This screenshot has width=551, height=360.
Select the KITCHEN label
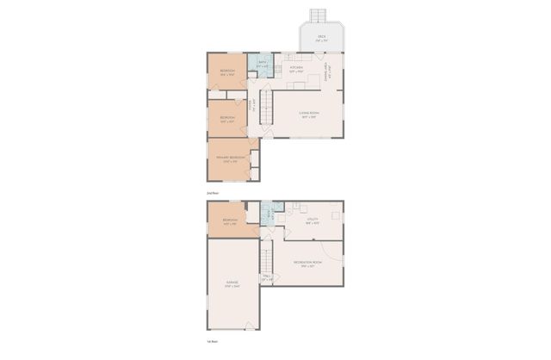296,67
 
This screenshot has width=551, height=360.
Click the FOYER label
251,105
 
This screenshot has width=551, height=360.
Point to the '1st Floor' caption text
212,342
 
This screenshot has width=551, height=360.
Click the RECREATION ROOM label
307,263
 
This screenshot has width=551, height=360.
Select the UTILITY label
313,220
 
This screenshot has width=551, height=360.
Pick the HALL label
267,277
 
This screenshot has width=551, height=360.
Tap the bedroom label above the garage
229,221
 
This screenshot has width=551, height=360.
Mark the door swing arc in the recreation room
338,261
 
